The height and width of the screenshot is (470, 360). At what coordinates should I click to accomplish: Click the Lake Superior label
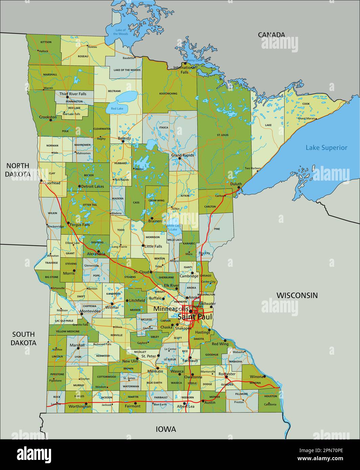coord(327,147)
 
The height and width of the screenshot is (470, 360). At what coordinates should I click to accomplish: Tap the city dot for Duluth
coord(239,187)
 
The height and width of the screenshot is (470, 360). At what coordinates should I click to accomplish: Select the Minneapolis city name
coord(171,309)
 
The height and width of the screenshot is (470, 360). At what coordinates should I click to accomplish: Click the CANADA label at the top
coord(271,34)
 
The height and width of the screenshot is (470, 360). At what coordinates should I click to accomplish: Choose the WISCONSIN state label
coord(297,295)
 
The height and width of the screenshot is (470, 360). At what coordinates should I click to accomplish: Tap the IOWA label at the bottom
coord(166,429)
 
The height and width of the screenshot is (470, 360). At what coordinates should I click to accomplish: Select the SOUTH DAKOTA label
coord(23,338)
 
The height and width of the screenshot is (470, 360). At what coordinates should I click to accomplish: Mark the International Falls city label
coord(185,70)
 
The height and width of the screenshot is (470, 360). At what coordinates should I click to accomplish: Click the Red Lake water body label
coord(117,109)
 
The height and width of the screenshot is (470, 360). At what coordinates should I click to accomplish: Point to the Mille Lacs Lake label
coord(174,227)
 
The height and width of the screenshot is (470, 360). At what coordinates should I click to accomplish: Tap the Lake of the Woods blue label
coord(121,32)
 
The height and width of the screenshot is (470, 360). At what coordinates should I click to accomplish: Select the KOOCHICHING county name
coord(168,94)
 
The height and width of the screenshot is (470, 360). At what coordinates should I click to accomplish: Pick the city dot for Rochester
coord(226,377)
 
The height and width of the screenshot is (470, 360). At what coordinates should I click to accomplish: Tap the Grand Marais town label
coord(306,118)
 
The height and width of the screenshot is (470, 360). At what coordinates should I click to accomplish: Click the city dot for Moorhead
coord(41,181)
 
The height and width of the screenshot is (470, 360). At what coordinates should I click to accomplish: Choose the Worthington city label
coord(80,406)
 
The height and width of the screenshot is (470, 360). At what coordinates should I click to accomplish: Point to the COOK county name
coord(306,104)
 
